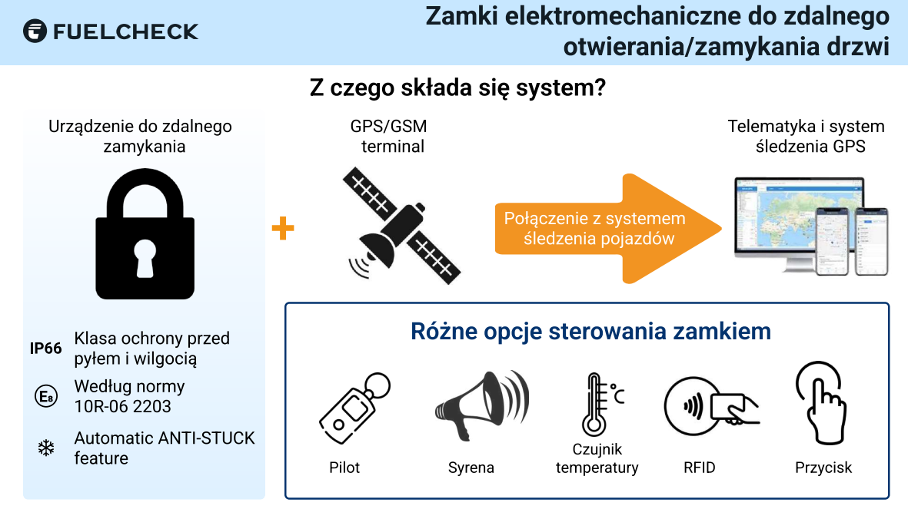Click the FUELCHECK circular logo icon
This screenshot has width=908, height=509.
pos(35,31)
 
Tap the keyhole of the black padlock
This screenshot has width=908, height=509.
pos(145,257)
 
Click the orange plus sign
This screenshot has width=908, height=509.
pos(283,229)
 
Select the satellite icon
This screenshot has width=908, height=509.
pos(401,226)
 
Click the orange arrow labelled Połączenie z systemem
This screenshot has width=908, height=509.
pos(608,229)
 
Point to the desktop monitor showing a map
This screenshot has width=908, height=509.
pos(799,223)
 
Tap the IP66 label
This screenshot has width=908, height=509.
pos(46,349)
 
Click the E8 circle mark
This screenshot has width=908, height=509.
pos(46,396)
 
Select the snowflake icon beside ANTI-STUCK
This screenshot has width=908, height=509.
pos(46,448)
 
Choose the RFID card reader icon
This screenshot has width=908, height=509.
pos(711,406)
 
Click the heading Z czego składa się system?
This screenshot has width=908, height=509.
pos(457,88)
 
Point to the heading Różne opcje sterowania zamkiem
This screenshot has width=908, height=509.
pos(590,332)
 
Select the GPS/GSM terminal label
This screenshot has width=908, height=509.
pos(389,136)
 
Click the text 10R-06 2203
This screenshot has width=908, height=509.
pos(123,407)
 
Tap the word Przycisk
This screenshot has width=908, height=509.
pos(823,468)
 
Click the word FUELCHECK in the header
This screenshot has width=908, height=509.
pos(125,31)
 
